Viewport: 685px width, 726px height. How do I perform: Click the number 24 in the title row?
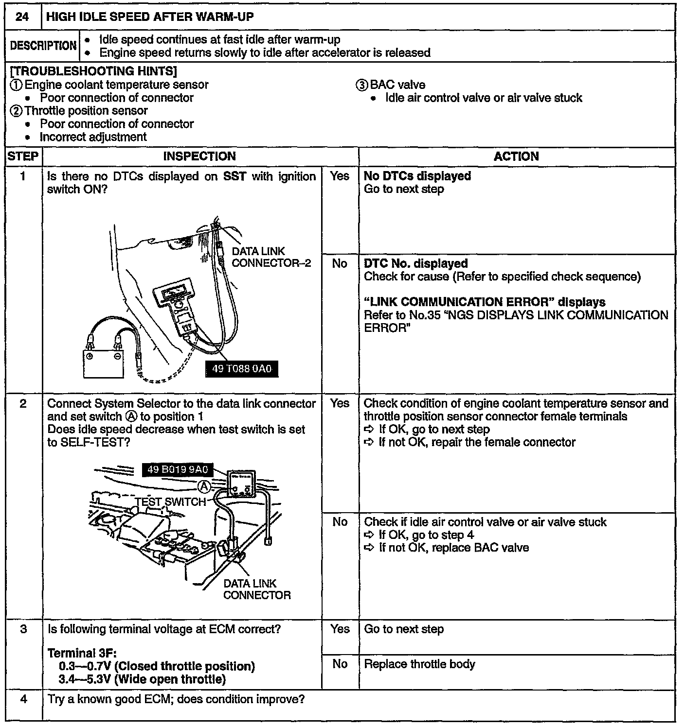tap(22, 17)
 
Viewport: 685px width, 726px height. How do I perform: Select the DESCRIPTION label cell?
tap(43, 46)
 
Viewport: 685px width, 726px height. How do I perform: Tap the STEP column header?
tap(23, 156)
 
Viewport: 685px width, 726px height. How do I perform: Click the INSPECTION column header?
tap(199, 156)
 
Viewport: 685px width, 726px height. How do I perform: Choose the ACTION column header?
tap(516, 156)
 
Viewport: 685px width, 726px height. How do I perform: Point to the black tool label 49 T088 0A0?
tap(242, 369)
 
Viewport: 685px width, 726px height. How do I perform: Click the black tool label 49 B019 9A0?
tap(178, 469)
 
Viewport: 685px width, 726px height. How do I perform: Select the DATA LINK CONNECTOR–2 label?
tap(270, 258)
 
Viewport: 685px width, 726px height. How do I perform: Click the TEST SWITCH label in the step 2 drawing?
tap(170, 502)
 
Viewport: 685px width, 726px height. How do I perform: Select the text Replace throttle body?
tap(419, 664)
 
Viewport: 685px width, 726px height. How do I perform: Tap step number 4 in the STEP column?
tap(23, 700)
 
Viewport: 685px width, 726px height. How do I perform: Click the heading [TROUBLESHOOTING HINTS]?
tap(93, 71)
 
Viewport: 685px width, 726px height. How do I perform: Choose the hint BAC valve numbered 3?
tap(391, 85)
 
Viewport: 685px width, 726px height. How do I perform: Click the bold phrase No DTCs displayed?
tap(417, 176)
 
